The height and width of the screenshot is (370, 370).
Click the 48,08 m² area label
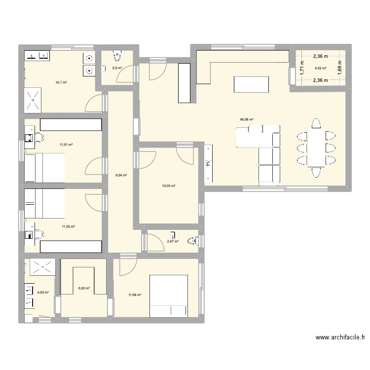246,120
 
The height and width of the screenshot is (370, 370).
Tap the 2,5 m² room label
117,68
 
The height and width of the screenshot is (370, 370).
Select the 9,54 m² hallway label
121,175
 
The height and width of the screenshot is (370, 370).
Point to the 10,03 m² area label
169,186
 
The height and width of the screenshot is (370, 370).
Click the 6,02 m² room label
84,288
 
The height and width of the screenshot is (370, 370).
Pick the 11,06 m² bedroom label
135,295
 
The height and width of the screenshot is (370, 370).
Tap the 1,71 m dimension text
302,68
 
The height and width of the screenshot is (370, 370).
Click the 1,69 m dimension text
339,68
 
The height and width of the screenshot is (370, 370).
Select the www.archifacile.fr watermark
340,337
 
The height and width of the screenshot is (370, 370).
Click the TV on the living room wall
208,163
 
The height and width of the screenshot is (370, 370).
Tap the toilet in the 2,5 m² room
117,56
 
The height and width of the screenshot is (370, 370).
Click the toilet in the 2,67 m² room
193,241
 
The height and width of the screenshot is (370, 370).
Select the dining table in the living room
316,148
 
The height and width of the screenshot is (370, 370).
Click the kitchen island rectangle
251,84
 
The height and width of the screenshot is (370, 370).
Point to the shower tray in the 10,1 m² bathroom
33,100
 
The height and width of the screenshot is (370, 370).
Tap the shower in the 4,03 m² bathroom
43,267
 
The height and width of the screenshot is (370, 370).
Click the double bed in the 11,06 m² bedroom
169,296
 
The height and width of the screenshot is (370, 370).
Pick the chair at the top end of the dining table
316,124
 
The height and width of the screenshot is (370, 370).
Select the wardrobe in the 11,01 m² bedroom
71,125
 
